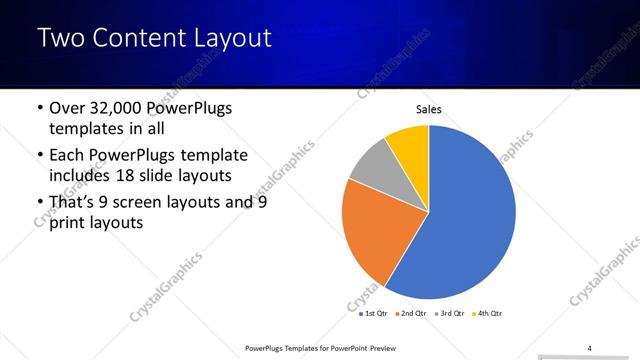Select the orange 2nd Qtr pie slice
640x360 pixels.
370,230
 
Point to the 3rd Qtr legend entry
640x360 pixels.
448,313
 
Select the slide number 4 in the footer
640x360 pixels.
589,347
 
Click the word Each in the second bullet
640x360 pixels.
68,156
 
